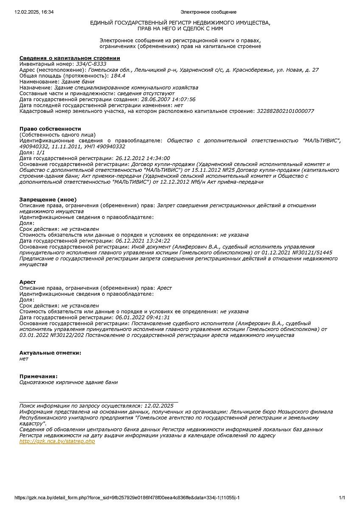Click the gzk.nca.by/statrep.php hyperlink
tap(57, 441)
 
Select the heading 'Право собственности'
tap(50, 129)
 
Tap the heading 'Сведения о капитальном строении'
tap(70, 58)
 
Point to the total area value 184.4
tap(118, 76)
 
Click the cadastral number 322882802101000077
tap(285, 111)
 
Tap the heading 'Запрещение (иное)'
tap(48, 199)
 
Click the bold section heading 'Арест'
tap(28, 282)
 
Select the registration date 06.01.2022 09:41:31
tap(143, 317)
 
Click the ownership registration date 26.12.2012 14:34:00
tap(143, 158)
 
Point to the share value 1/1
tap(40, 152)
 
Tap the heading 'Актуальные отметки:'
tap(50, 352)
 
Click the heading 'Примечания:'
tap(39, 376)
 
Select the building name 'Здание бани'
tap(78, 81)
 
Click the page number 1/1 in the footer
tap(342, 498)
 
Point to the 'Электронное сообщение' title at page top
tap(208, 12)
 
